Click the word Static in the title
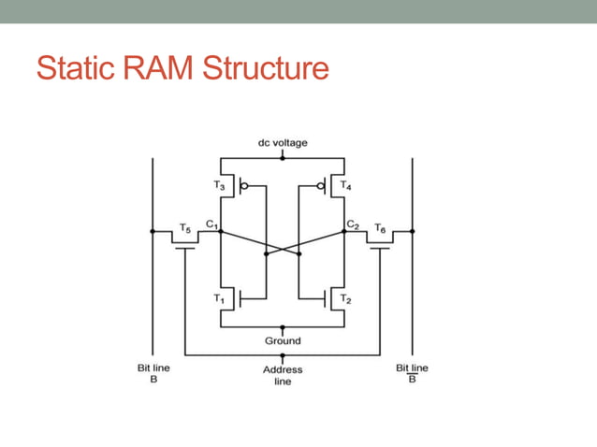click(x=77, y=67)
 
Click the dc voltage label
click(x=282, y=143)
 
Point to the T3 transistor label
click(x=220, y=186)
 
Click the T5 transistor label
click(x=184, y=227)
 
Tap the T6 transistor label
click(x=379, y=227)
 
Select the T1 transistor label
click(x=219, y=298)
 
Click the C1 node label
click(x=212, y=224)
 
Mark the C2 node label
click(x=352, y=224)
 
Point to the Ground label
click(x=282, y=340)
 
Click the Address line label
click(x=282, y=375)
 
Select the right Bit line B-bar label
click(x=412, y=374)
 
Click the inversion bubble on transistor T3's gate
click(x=246, y=186)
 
